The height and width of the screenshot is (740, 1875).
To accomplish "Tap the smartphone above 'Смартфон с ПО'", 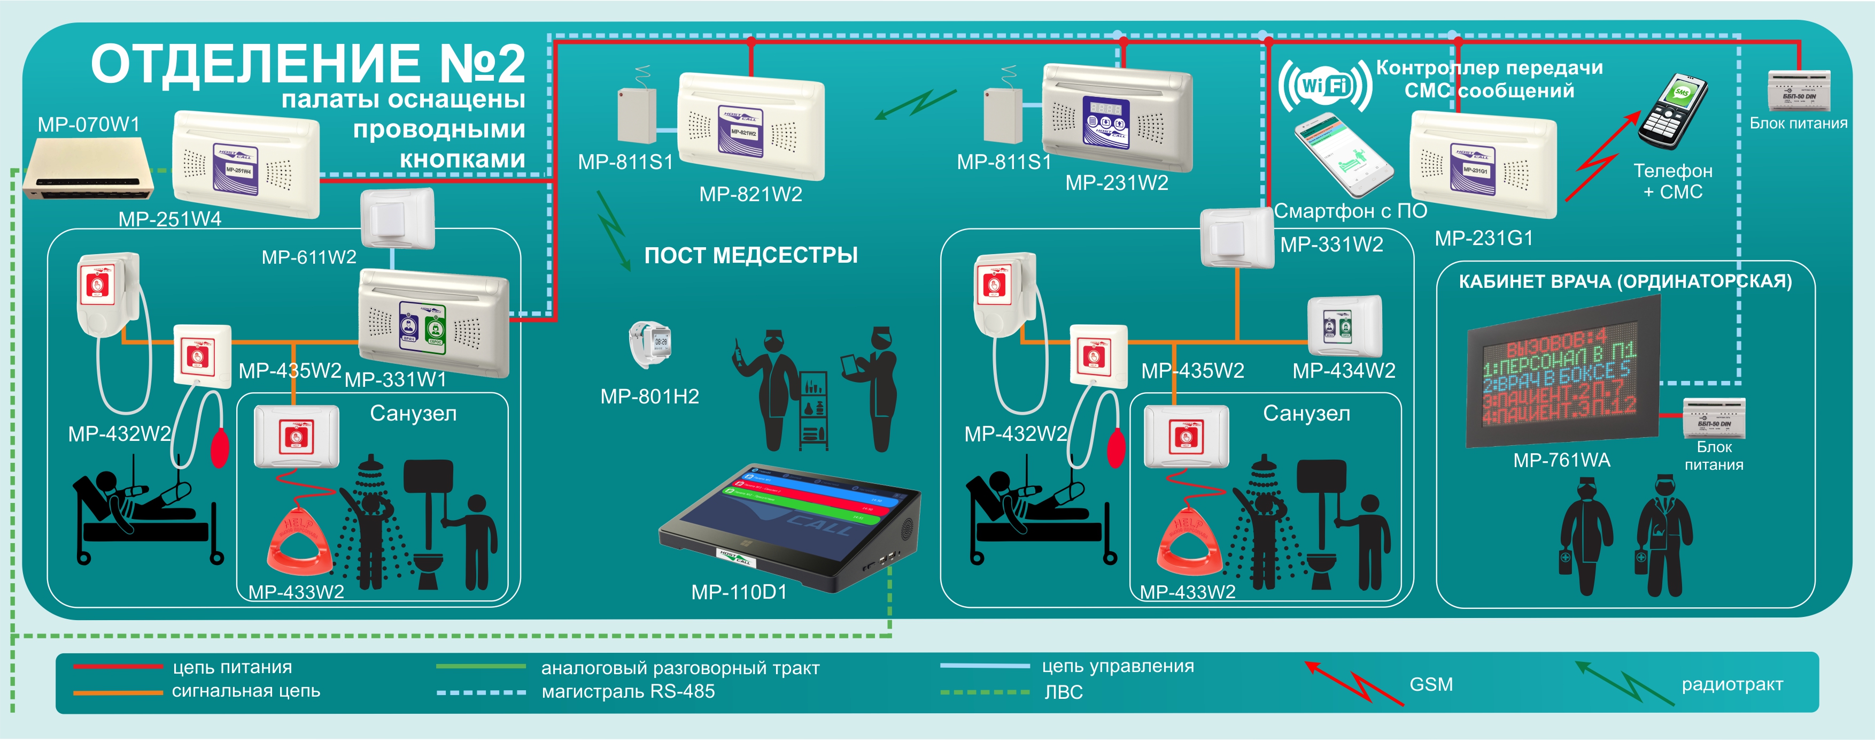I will [x=1343, y=155].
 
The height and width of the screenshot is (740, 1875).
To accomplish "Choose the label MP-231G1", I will [x=1483, y=238].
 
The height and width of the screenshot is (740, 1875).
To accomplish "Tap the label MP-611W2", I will [x=308, y=257].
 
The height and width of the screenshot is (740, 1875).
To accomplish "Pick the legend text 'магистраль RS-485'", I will [x=627, y=692].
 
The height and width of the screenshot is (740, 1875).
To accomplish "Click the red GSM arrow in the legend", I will [x=1353, y=682].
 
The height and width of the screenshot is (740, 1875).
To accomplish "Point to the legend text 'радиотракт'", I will [x=1732, y=685].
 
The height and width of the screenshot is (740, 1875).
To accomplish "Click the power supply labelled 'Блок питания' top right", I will [x=1799, y=90].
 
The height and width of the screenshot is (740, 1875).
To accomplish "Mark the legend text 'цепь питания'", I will [x=232, y=667].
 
